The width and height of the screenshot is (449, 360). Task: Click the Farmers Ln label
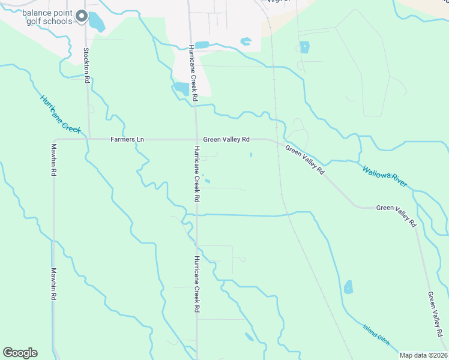point(127,139)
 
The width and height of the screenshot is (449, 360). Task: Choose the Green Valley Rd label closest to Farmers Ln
point(226,139)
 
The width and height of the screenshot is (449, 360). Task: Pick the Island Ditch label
point(376,335)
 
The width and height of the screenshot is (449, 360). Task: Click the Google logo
point(20,353)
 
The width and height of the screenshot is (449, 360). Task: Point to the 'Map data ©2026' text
point(423,355)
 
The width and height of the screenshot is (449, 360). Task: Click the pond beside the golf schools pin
point(96,22)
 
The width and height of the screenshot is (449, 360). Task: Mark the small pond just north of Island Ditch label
point(349,287)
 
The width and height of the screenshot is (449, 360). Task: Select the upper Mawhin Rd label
point(53,160)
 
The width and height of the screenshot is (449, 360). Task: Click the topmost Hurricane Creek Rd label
point(193,72)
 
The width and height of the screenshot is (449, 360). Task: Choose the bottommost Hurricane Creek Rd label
point(196,285)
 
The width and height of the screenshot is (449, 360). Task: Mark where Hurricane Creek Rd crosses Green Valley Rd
point(196,139)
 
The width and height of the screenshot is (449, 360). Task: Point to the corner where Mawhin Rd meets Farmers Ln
point(55,140)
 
